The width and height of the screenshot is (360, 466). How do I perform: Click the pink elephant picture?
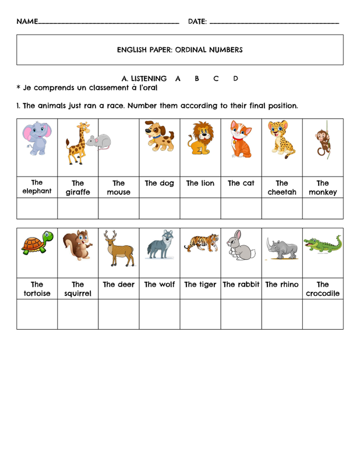pyautogui.click(x=37, y=142)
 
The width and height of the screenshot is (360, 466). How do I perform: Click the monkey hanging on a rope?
pyautogui.click(x=323, y=142)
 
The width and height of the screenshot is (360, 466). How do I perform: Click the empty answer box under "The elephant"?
pyautogui.click(x=37, y=208)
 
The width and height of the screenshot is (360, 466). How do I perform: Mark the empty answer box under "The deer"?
pyautogui.click(x=118, y=315)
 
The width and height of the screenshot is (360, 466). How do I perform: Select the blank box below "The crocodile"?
pyautogui.click(x=322, y=315)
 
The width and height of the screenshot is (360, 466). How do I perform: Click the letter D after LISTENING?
pyautogui.click(x=235, y=78)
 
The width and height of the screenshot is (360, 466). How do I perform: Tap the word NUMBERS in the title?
pyautogui.click(x=221, y=50)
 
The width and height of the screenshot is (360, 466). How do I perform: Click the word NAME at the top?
pyautogui.click(x=27, y=22)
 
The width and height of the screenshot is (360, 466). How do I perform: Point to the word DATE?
pyautogui.click(x=197, y=22)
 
